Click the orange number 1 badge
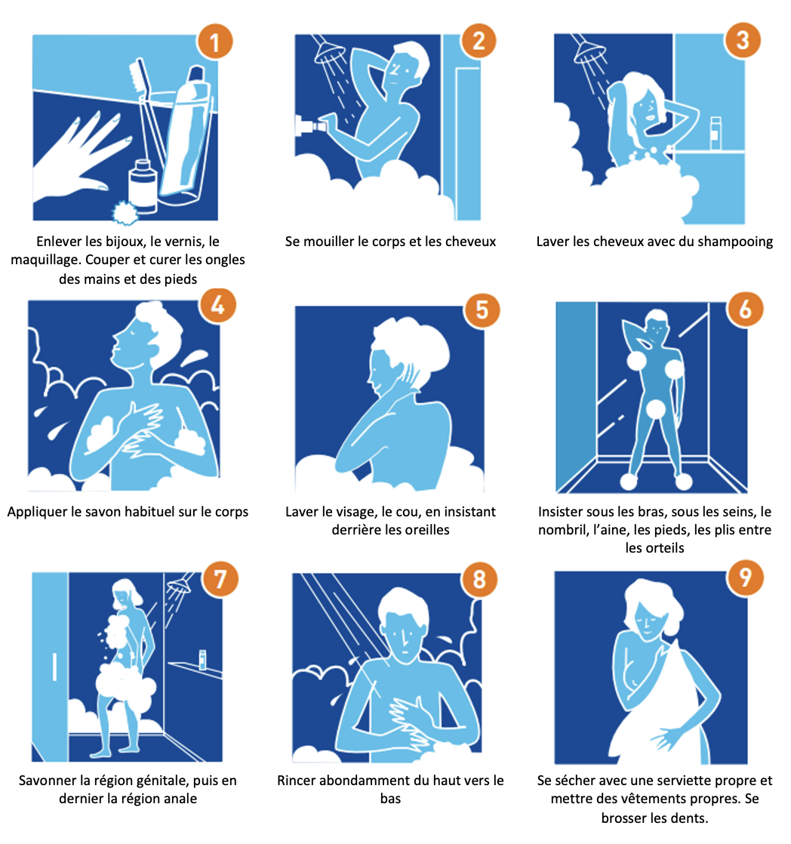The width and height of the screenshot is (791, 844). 214,42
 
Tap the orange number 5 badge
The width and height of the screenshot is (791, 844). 482,310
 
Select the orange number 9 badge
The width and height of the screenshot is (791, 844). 745,577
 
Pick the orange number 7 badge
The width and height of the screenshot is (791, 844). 220,579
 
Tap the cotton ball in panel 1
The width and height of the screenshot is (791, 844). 125,212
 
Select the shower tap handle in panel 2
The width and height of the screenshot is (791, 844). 309,125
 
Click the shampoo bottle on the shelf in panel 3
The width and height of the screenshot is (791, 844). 715,133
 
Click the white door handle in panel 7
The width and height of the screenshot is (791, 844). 54,667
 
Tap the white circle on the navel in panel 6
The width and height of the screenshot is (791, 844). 655,409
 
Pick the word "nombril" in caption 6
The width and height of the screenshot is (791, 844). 560,530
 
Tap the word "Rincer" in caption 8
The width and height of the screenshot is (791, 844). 296,781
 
